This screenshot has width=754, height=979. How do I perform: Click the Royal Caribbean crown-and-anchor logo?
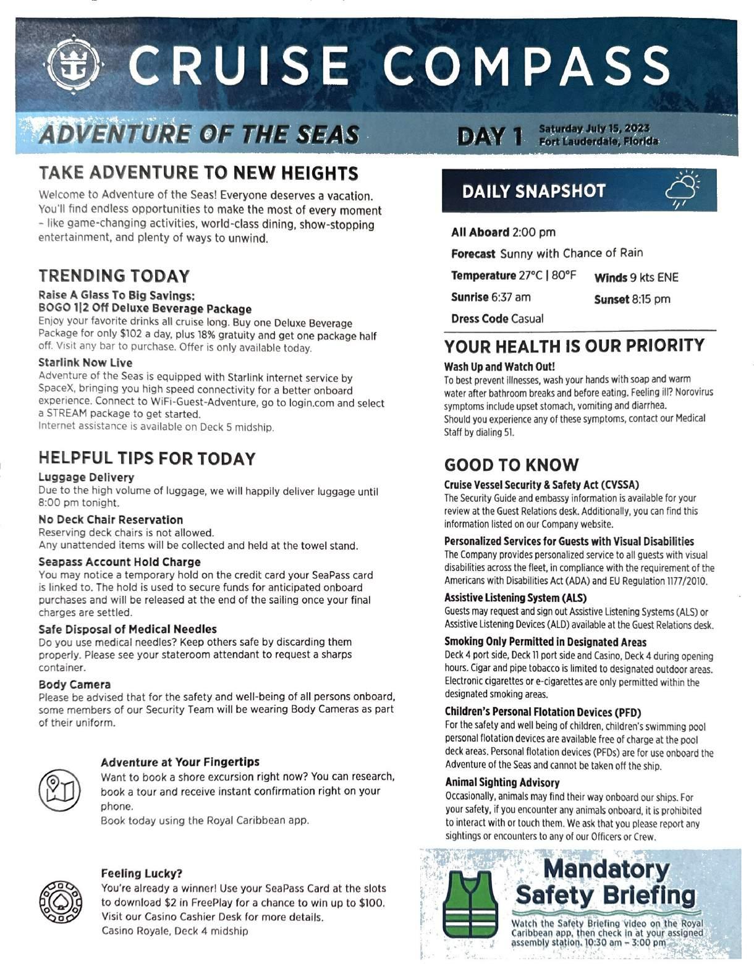pos(74,67)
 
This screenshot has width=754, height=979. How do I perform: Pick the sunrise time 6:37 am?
pos(510,297)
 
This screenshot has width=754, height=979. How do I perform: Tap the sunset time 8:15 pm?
pos(650,300)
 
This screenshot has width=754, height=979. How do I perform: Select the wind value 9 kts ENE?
pos(654,278)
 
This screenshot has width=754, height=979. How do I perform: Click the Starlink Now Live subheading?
pos(85,363)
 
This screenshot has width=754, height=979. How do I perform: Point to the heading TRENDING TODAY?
pos(114,276)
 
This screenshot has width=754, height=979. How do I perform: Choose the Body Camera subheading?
pos(75,684)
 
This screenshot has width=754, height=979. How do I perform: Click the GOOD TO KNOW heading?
pos(511,465)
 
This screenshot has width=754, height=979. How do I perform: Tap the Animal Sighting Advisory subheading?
pos(502,782)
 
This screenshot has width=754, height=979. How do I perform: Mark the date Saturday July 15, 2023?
pos(594,129)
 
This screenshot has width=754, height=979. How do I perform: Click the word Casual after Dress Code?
pos(527,319)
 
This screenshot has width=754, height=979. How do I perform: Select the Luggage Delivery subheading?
pos(86,477)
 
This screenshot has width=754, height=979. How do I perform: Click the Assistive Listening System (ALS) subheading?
pos(515,598)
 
